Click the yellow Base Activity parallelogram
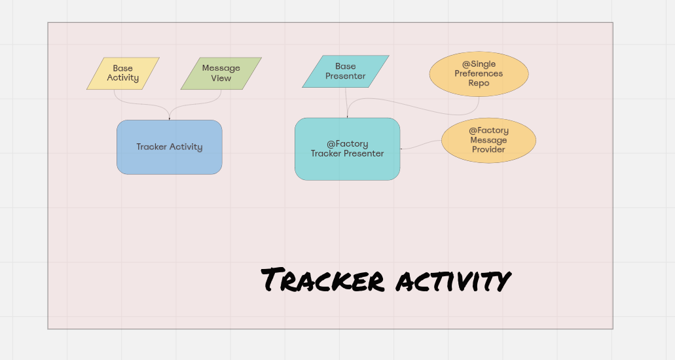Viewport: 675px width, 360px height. (123, 73)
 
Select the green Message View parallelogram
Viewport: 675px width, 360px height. (221, 73)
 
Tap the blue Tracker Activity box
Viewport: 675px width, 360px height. (169, 147)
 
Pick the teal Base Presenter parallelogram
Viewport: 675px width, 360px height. (345, 71)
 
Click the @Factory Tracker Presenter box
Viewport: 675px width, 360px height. (347, 149)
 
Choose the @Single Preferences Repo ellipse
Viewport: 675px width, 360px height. (479, 74)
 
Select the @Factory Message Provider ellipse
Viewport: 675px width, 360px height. (488, 140)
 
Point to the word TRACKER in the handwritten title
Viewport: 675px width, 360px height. (322, 280)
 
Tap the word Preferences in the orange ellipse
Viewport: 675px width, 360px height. (479, 74)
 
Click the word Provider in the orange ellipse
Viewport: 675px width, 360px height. (488, 149)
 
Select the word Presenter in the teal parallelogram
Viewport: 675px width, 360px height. (346, 76)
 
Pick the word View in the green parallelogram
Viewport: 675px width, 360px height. (221, 78)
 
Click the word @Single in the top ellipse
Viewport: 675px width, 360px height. (479, 65)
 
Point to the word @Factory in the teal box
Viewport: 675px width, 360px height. (348, 144)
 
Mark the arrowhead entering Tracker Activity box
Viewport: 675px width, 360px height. (169, 118)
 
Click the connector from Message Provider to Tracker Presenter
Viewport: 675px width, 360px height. (422, 146)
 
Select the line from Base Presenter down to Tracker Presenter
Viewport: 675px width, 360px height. (346, 101)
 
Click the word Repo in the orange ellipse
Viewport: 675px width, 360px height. (479, 83)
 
